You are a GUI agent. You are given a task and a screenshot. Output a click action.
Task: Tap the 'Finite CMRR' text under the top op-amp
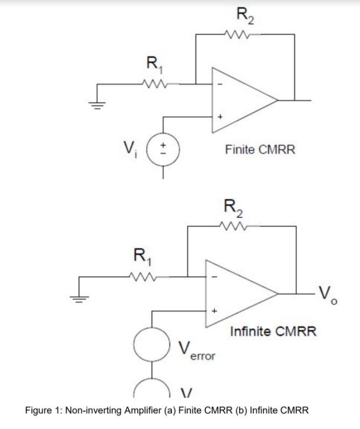[260, 149]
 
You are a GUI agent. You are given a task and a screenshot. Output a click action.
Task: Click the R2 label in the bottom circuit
[233, 207]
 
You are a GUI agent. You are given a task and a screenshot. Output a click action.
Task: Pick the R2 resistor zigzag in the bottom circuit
[232, 226]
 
